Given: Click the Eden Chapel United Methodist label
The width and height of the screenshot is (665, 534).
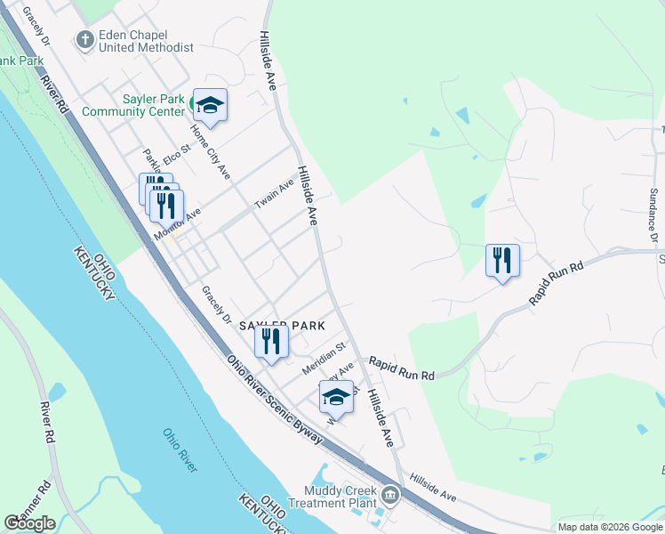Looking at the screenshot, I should click(146, 41).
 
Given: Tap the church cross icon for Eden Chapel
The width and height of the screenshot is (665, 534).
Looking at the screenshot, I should click(85, 40).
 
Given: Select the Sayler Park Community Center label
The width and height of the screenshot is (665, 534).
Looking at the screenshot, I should click(133, 105).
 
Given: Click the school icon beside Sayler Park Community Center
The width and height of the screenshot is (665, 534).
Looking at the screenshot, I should click(210, 106).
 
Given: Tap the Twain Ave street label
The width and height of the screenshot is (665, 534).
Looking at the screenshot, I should click(274, 193).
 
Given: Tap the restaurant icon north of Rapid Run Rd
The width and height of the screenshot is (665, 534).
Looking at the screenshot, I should click(502, 261).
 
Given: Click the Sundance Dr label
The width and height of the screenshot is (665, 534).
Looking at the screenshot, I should click(653, 214).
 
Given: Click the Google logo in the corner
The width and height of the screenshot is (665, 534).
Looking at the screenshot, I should click(29, 522).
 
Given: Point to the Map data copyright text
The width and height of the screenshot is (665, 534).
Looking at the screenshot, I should click(609, 527).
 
